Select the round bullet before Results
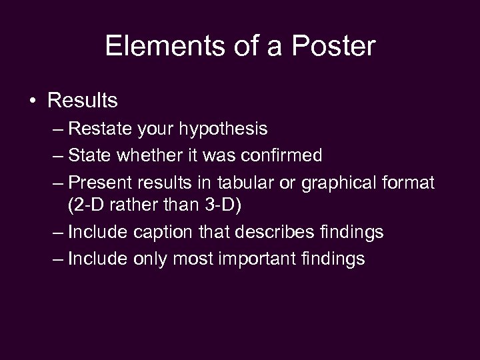[x=32, y=101]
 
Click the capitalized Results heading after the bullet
[x=83, y=101]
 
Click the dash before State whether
[x=57, y=156]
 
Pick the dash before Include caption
[x=57, y=233]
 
